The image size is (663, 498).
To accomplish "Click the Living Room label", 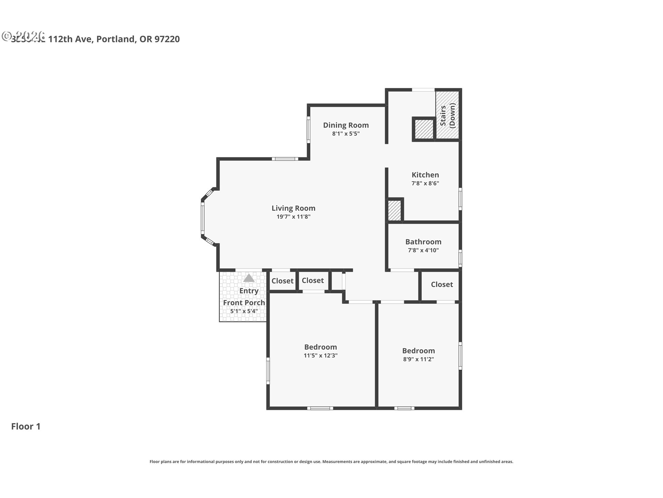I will (293, 208).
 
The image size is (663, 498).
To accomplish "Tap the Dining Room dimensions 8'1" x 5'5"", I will (346, 133).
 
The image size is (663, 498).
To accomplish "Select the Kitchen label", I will (425, 175).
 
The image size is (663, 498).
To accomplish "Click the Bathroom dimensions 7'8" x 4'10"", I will (423, 250).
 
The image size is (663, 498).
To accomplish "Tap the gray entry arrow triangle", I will (249, 278).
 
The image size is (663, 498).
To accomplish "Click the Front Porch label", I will (244, 303).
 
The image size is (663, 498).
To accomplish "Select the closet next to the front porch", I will (282, 281).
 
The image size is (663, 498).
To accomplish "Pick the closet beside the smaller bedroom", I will (442, 285).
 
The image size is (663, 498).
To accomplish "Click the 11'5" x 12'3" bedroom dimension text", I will (320, 356).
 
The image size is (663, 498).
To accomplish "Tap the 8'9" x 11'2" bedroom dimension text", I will (418, 359).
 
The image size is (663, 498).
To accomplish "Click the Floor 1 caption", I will (26, 426).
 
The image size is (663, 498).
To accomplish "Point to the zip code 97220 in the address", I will (167, 39).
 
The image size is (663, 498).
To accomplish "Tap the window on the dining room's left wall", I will (308, 130).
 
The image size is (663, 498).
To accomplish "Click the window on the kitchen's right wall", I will (460, 199).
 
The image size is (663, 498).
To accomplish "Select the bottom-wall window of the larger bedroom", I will (320, 408).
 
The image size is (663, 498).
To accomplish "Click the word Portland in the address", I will (115, 39).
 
